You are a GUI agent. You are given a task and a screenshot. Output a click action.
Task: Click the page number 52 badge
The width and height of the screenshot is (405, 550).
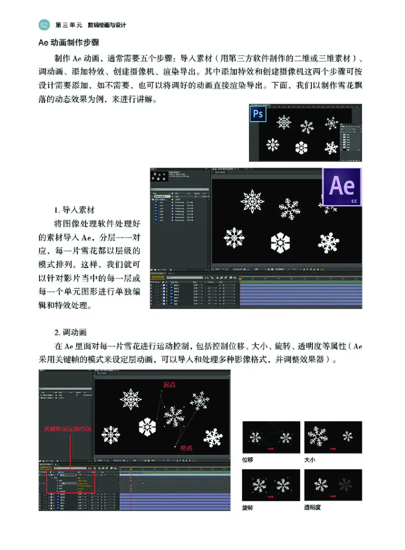click(44, 25)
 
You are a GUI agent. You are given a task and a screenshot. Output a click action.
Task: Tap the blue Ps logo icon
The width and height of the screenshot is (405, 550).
click(258, 113)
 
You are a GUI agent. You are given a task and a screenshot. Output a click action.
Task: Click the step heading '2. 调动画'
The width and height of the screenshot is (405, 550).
click(70, 333)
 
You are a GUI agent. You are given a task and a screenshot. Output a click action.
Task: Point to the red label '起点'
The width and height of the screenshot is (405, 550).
click(169, 384)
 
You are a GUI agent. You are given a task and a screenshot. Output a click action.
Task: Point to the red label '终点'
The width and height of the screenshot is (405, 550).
click(186, 447)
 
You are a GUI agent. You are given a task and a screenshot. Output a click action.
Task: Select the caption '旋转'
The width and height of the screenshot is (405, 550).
click(248, 507)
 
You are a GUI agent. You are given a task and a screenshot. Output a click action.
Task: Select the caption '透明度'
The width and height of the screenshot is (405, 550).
click(312, 507)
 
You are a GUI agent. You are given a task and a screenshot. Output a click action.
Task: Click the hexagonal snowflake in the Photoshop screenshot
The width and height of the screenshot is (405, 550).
click(302, 147)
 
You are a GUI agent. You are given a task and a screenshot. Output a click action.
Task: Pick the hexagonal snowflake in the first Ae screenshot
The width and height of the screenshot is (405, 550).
click(280, 243)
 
